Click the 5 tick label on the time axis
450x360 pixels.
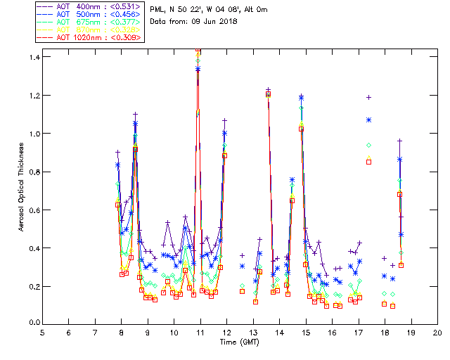(x=42, y=331)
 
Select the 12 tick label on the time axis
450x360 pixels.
(x=226, y=331)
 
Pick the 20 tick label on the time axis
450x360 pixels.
(x=437, y=331)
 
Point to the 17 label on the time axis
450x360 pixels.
(x=359, y=331)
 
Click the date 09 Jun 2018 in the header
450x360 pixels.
(x=212, y=21)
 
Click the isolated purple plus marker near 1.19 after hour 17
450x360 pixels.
(x=368, y=97)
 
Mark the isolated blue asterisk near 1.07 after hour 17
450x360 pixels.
(x=368, y=120)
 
